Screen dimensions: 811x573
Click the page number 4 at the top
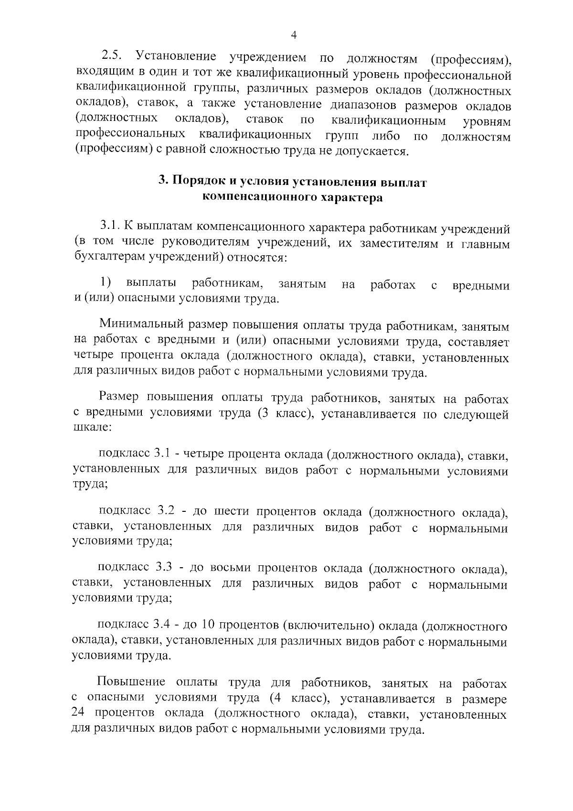pos(293,35)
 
